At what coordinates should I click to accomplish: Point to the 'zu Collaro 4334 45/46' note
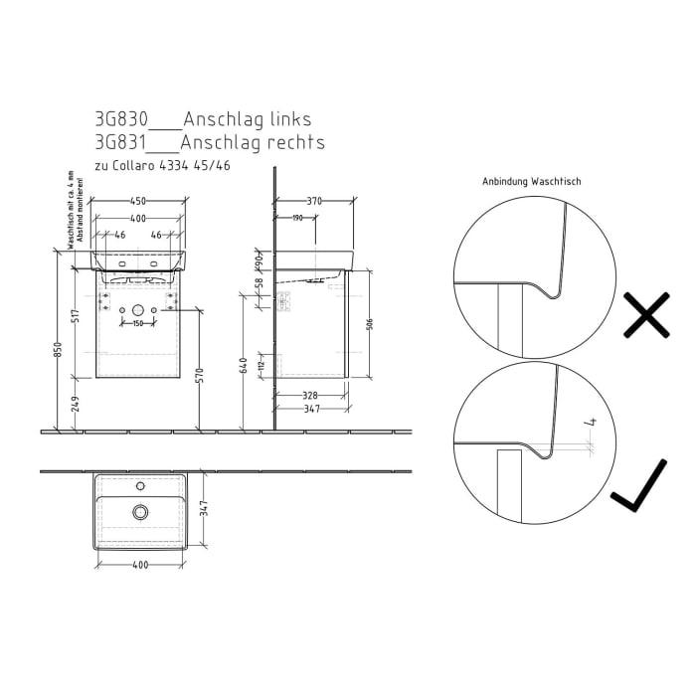[162, 165]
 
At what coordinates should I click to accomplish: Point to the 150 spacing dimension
[139, 324]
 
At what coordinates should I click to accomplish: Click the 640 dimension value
[244, 364]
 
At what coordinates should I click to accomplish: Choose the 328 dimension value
[310, 395]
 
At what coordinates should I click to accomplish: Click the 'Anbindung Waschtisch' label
[531, 182]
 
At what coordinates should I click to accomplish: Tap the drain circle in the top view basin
[140, 512]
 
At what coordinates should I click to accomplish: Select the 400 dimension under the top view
[139, 565]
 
